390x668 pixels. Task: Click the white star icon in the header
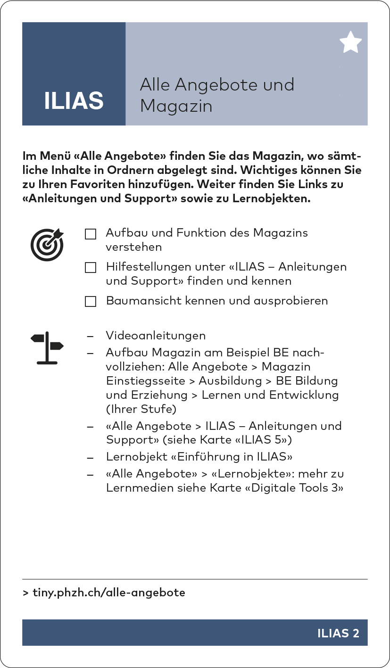tap(350, 43)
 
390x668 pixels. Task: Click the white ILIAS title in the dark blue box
tap(74, 101)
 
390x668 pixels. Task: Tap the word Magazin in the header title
tap(176, 106)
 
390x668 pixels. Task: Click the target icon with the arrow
tap(47, 244)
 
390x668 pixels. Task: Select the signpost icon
tap(47, 347)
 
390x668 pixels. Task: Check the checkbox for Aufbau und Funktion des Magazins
tap(91, 234)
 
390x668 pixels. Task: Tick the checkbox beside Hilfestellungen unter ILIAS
tap(91, 268)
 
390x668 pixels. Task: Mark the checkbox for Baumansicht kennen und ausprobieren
tap(91, 301)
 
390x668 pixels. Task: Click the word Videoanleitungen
tap(156, 336)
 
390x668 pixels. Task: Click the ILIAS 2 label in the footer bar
tap(338, 633)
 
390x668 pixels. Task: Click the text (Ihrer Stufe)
tap(137, 409)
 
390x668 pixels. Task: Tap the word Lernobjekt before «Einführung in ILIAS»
tap(136, 457)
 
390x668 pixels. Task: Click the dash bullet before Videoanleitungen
tap(90, 336)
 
